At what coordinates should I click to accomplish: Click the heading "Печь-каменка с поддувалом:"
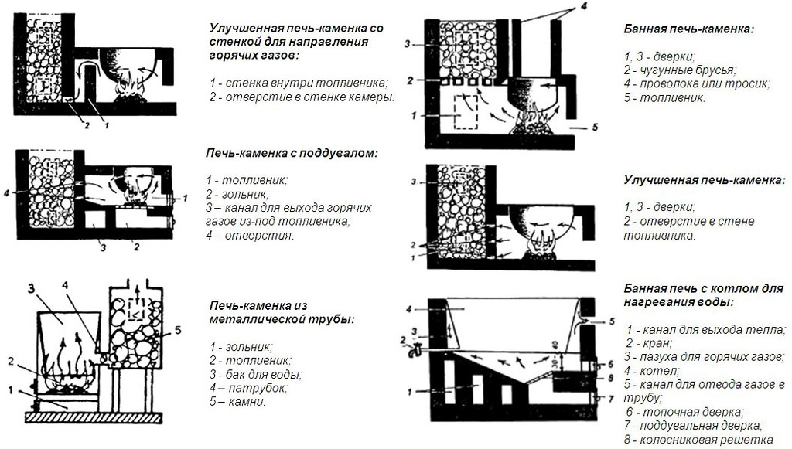[x=292, y=153]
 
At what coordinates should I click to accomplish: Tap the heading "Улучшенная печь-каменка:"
[x=705, y=180]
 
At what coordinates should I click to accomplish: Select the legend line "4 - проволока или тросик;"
[x=697, y=83]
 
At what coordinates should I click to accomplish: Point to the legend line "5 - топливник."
[x=664, y=97]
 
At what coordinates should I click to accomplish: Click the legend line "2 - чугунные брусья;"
[x=680, y=70]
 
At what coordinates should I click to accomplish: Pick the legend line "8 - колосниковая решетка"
[x=699, y=440]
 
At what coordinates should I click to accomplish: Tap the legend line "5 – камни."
[x=237, y=402]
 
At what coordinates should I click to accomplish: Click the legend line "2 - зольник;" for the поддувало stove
[x=237, y=194]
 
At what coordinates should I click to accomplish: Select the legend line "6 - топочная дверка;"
[x=685, y=412]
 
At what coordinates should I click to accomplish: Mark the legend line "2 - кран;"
[x=649, y=344]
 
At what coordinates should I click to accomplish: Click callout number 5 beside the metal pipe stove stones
[x=177, y=331]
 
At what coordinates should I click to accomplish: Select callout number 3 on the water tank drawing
[x=31, y=289]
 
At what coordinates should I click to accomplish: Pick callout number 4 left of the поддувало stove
[x=6, y=192]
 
